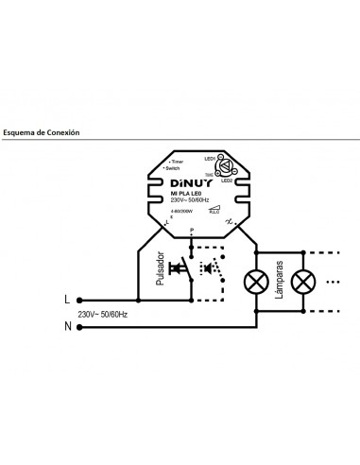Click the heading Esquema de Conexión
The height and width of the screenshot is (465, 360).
point(42,133)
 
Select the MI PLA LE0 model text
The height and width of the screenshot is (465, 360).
point(187,197)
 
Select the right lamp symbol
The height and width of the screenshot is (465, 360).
point(304,280)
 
